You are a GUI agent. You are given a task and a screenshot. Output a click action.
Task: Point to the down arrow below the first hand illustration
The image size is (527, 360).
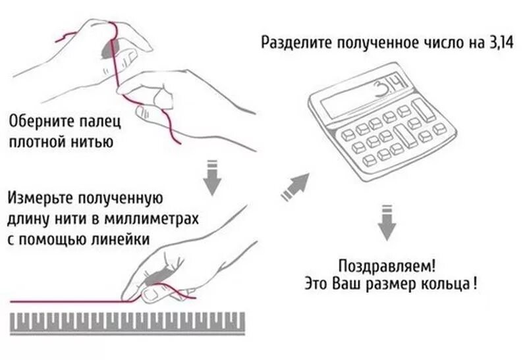[x=211, y=176]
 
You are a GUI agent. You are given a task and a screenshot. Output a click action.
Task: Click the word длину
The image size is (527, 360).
[x=27, y=219]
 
